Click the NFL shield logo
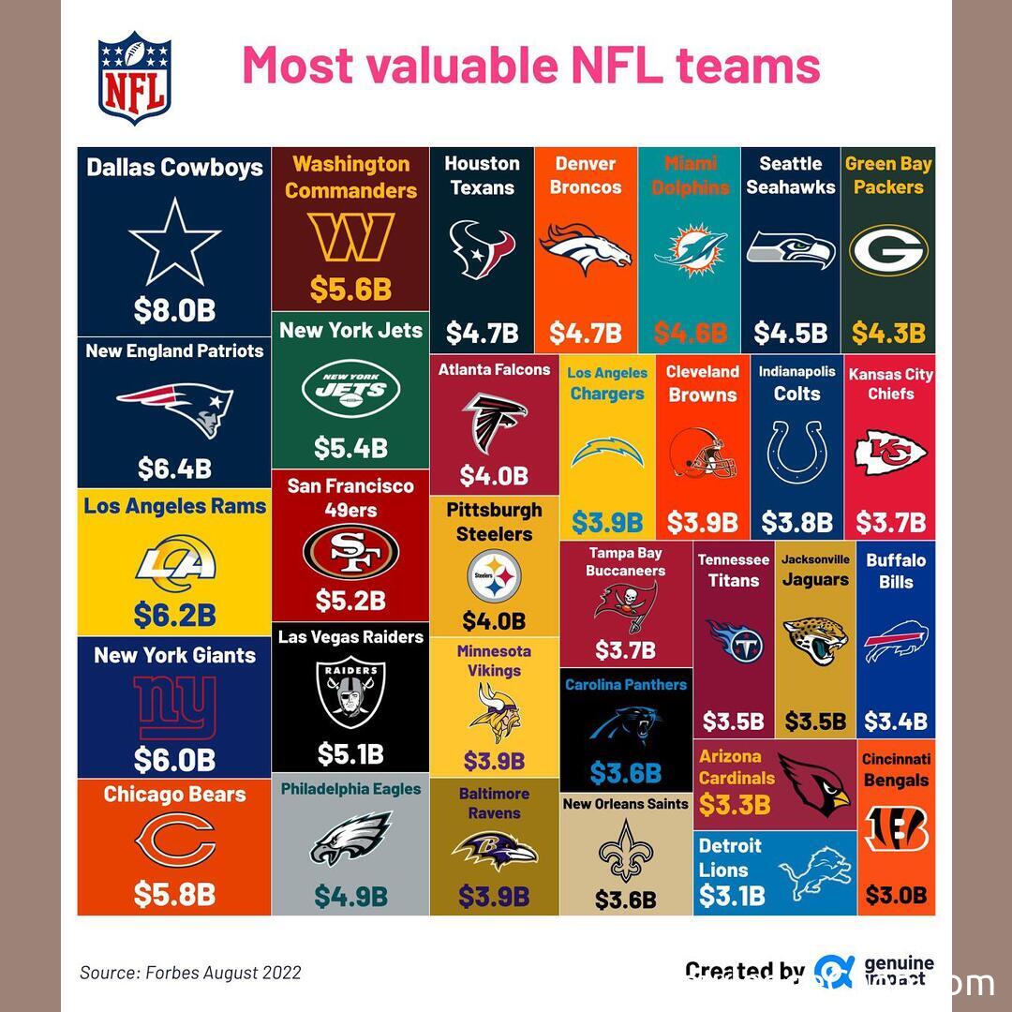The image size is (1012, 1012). (x=135, y=78)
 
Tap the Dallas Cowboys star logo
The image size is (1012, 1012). (x=174, y=240)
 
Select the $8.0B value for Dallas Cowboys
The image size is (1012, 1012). (x=174, y=310)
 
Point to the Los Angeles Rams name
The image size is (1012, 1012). (x=174, y=506)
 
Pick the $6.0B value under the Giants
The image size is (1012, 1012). (x=174, y=759)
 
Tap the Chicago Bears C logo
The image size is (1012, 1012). (x=174, y=841)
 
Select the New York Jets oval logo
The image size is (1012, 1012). (x=350, y=388)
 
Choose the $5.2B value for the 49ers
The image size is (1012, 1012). (x=350, y=600)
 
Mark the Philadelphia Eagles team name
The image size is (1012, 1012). (x=350, y=789)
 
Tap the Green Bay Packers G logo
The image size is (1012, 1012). (x=888, y=251)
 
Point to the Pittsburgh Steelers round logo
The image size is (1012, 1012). (x=494, y=575)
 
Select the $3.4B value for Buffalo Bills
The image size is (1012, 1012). (x=895, y=722)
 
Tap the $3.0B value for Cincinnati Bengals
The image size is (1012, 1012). (x=895, y=895)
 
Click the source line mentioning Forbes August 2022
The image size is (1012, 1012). (x=190, y=973)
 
